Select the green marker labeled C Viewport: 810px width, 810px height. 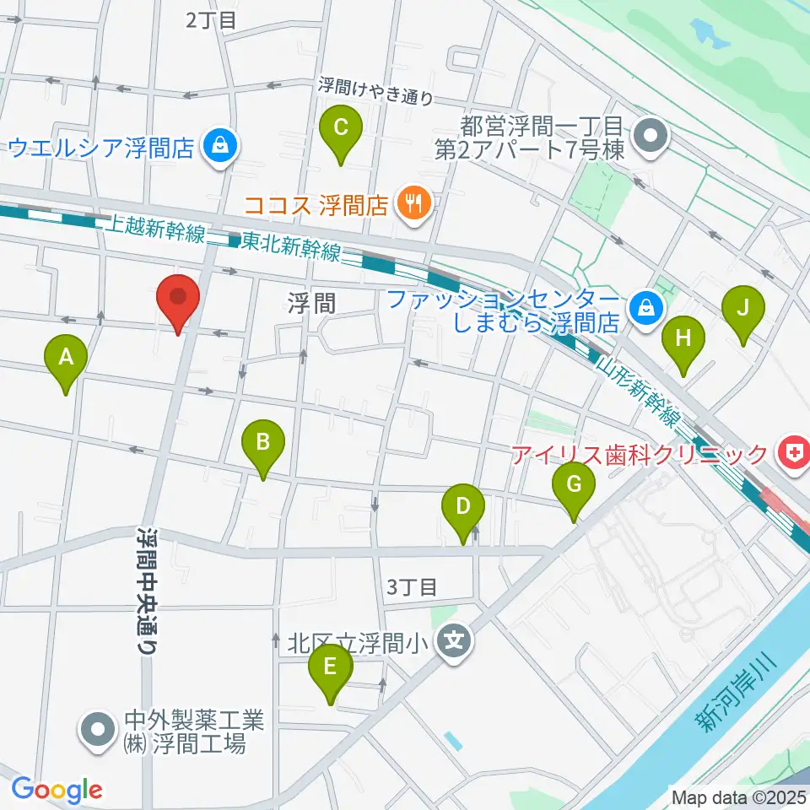pyautogui.click(x=341, y=128)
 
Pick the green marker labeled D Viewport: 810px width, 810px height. pyautogui.click(x=462, y=507)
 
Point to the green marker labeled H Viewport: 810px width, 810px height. pyautogui.click(x=683, y=339)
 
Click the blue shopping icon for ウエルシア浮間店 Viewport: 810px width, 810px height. pyautogui.click(x=220, y=148)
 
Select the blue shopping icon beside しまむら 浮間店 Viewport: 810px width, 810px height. pyautogui.click(x=645, y=306)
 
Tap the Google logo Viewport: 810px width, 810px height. pyautogui.click(x=57, y=790)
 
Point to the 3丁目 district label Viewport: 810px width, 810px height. pyautogui.click(x=412, y=586)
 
